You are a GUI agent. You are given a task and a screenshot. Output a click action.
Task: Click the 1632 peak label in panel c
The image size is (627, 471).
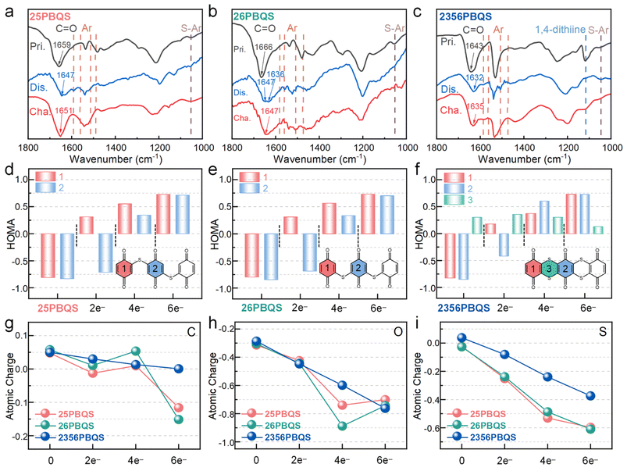click(x=473, y=78)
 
